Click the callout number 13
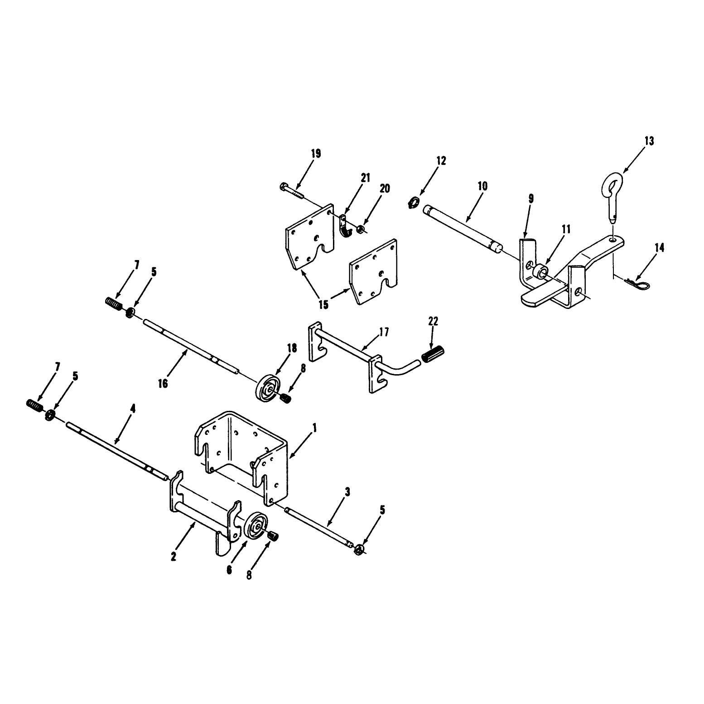(x=649, y=141)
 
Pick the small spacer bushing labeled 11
(x=540, y=274)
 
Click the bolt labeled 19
(x=292, y=189)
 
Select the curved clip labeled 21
(x=345, y=227)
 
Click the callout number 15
(x=323, y=304)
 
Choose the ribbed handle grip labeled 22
(x=434, y=353)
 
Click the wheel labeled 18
(x=268, y=388)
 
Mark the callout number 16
(x=163, y=383)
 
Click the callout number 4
(x=133, y=408)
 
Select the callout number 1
(x=314, y=427)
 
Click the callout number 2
(x=174, y=557)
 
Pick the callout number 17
(x=383, y=332)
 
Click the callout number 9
(x=531, y=198)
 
